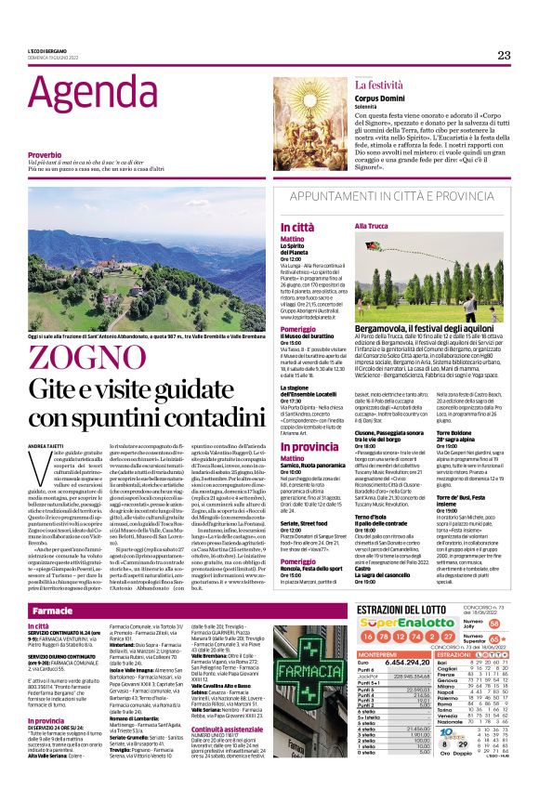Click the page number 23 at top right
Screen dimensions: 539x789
[x=504, y=55]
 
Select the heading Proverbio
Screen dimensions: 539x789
[x=46, y=155]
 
